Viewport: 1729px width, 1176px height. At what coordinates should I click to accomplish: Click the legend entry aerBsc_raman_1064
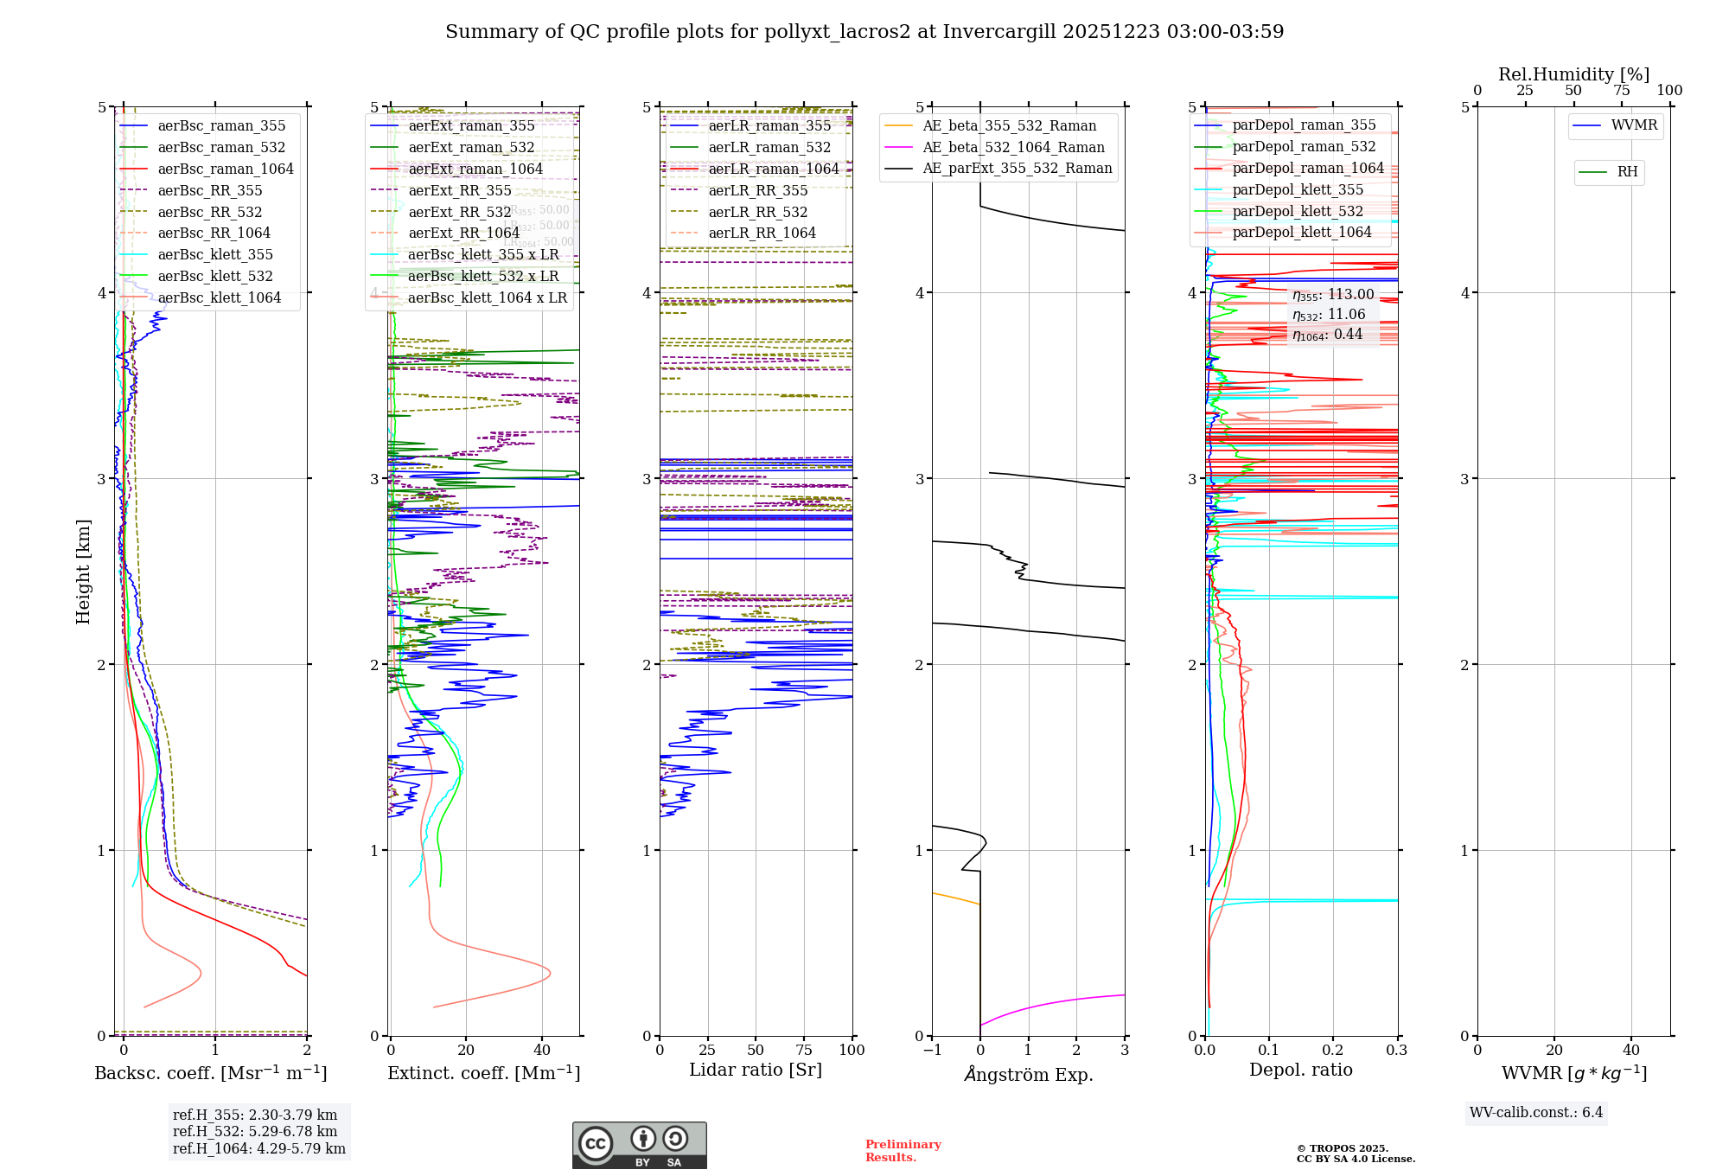click(x=225, y=169)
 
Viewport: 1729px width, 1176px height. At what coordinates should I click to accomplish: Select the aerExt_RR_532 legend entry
click(x=459, y=212)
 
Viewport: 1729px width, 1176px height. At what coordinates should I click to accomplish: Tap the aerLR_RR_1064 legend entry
click(x=762, y=233)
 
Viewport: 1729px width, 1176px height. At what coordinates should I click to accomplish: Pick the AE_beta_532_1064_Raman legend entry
click(x=1013, y=147)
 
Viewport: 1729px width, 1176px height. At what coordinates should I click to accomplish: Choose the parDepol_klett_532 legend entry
click(x=1297, y=211)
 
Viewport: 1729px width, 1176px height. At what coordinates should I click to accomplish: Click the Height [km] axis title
click(x=83, y=571)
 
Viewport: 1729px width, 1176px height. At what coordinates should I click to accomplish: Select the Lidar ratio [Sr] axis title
click(x=755, y=1070)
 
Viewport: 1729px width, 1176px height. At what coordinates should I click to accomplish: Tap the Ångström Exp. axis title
click(x=1028, y=1074)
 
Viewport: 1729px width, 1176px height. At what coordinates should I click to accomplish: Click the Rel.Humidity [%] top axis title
click(x=1573, y=74)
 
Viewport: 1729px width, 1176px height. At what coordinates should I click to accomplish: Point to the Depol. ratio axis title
click(x=1300, y=1070)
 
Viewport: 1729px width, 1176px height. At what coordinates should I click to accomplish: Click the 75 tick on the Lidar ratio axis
click(x=804, y=1050)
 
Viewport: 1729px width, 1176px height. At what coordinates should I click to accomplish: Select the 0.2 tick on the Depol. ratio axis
click(x=1332, y=1050)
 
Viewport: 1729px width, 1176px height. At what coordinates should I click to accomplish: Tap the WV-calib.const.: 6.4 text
click(x=1535, y=1112)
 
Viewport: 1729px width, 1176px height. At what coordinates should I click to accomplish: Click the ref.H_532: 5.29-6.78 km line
click(x=255, y=1131)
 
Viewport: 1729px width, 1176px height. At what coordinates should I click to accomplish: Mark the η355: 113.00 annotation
click(x=1332, y=295)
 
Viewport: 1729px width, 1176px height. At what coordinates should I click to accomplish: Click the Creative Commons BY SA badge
click(x=639, y=1145)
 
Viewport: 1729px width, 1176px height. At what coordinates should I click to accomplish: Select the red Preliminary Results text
click(x=903, y=1150)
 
